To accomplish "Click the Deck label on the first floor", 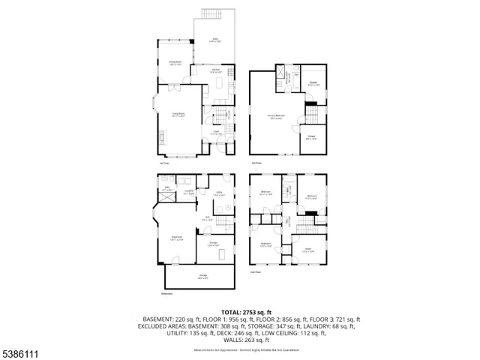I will click(214, 40).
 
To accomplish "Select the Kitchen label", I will click(215, 70).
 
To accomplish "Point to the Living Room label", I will click(178, 116).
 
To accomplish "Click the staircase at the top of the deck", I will click(214, 16).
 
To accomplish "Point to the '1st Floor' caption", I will click(163, 162).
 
